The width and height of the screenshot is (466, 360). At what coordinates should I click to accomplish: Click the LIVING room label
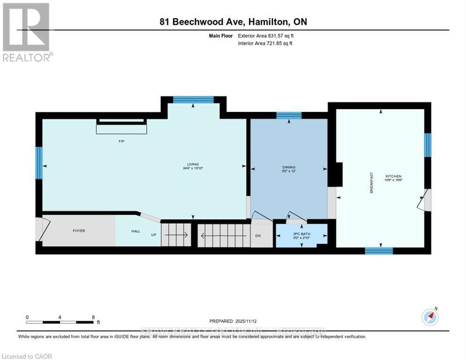(x=189, y=164)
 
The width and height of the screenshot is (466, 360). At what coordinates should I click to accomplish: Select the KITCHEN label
(x=393, y=176)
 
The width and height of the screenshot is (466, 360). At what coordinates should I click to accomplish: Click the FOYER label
(x=79, y=231)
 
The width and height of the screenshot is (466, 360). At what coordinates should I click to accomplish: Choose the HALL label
(x=135, y=231)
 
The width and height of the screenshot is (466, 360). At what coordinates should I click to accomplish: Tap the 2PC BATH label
(x=301, y=233)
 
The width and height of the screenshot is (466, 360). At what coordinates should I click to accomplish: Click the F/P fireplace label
(x=121, y=141)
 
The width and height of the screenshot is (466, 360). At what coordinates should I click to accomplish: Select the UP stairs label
(x=153, y=235)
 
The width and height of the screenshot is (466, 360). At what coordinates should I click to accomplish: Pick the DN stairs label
(x=257, y=235)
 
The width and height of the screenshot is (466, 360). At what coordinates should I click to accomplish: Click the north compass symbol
(x=430, y=317)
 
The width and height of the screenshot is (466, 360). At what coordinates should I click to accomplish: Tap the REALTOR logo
(x=26, y=32)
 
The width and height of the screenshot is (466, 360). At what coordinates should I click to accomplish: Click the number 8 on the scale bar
(x=93, y=317)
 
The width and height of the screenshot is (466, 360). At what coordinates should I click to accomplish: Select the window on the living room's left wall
(x=39, y=163)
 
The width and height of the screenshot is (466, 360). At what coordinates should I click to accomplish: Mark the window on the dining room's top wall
(x=289, y=115)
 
